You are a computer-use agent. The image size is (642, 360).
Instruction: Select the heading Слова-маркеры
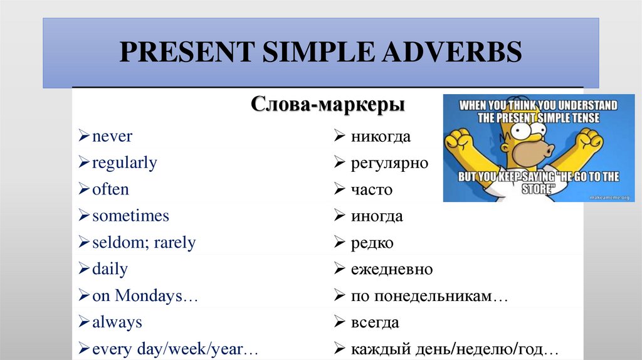(327, 103)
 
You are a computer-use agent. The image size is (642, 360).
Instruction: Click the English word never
(112, 136)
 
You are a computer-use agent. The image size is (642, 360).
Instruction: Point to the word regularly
(124, 163)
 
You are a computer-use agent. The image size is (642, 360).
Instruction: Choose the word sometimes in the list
(130, 216)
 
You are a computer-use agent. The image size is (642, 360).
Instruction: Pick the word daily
(110, 270)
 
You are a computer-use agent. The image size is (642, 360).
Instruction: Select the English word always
(117, 323)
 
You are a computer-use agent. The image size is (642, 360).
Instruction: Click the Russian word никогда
(381, 137)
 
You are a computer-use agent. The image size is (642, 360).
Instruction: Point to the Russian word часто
(372, 189)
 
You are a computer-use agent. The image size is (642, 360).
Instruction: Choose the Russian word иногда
(377, 216)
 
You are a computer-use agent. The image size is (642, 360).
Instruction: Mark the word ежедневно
(392, 270)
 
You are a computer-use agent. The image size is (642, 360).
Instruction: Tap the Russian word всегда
(375, 323)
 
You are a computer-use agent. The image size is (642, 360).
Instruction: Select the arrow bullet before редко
(339, 243)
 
